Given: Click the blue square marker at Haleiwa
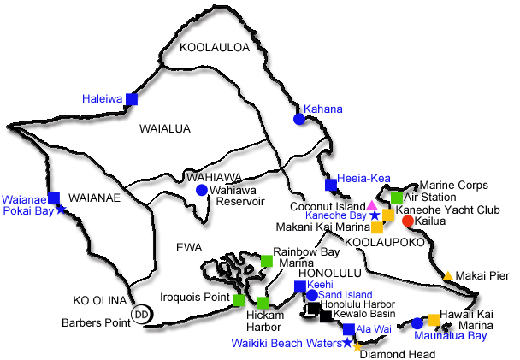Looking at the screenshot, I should coord(132,99).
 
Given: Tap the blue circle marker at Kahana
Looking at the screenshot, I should coord(299,120).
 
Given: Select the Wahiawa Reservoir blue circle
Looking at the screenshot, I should coord(201,190).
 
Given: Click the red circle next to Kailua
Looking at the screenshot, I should coord(408,221).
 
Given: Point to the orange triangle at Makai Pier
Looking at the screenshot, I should coord(447,275).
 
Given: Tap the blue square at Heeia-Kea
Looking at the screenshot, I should coord(331,185).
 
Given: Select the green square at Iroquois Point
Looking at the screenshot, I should coord(239,299).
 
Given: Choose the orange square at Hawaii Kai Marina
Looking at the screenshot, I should coord(433,320).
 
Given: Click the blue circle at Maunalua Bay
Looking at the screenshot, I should coord(417,323).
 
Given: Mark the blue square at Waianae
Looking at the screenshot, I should coord(54,198).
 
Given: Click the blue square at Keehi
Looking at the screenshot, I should coord(299,286).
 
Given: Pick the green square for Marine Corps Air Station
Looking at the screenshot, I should coord(397,198).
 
